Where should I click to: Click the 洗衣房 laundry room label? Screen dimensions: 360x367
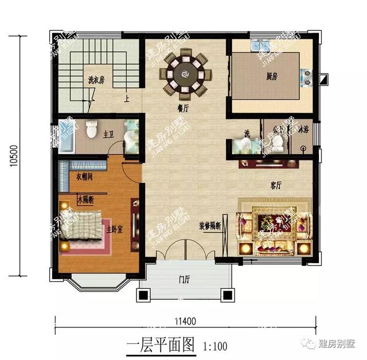pos(96,80)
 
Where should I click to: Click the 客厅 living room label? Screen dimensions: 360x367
pos(276,186)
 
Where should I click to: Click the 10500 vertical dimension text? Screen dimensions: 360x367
pos(14,155)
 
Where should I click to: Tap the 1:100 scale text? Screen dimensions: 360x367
pos(216,346)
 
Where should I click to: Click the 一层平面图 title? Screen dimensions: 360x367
pos(160,346)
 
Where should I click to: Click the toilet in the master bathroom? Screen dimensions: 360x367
pos(91,130)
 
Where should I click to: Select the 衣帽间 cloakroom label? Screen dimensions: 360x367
pos(85,176)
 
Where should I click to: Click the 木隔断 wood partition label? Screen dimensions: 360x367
pos(84,199)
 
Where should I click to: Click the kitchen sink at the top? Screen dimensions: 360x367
pos(259,45)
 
